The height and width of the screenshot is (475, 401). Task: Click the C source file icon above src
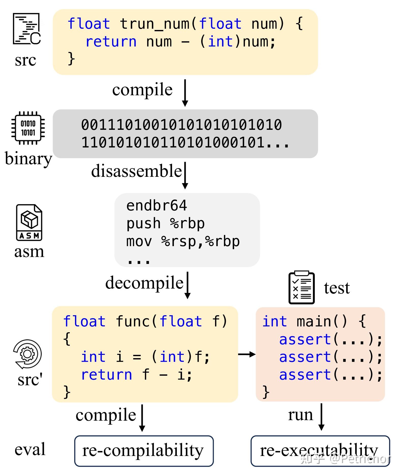point(27,29)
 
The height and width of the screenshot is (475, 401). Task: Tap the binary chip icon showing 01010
point(28,128)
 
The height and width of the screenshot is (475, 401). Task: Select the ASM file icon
point(29,223)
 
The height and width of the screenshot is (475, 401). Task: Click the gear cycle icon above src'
point(27,354)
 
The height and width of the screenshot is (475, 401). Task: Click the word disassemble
point(136,171)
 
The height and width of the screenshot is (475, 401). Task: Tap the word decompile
point(144,283)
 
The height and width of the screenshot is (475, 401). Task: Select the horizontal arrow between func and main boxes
point(247,354)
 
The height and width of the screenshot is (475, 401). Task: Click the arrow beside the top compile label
point(185,92)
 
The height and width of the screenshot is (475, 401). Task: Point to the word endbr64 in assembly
point(157,205)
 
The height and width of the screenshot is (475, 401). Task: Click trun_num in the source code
point(155,24)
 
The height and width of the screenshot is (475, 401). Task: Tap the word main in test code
point(314,322)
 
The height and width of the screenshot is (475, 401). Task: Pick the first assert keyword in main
point(305,339)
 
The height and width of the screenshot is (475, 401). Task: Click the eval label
point(30,449)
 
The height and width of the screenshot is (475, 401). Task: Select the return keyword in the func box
point(106,375)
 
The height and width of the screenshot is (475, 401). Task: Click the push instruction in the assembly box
point(143,224)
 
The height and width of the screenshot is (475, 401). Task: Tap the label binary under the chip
point(28,159)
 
